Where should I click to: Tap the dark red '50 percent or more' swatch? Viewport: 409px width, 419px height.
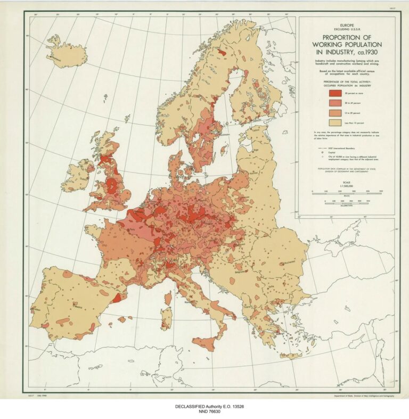[x=334, y=94]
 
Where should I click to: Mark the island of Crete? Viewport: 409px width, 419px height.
[x=291, y=355]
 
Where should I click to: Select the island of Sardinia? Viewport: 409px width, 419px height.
[x=166, y=319]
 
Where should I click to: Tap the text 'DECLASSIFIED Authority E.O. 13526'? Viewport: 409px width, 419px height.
[x=204, y=406]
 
